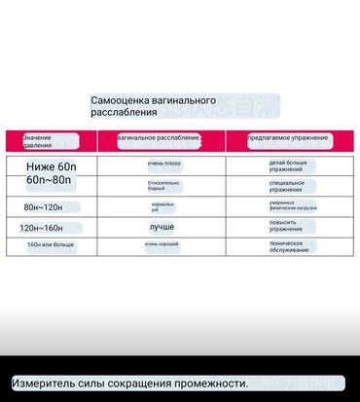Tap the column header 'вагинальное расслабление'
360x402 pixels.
[x=159, y=138]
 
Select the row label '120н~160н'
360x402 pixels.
[x=43, y=227]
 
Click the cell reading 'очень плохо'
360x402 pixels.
[x=162, y=164]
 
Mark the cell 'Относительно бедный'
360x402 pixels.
[x=162, y=186]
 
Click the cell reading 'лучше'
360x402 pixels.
[x=162, y=226]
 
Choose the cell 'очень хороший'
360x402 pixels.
[x=162, y=243]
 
